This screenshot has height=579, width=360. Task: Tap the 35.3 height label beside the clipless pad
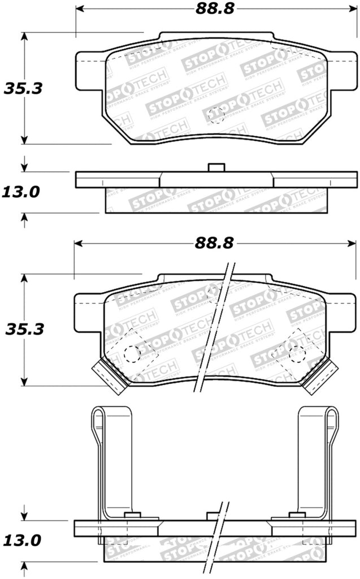click(x=24, y=88)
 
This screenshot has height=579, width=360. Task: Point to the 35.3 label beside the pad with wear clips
click(x=24, y=329)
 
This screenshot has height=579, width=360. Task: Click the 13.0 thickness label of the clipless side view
click(x=21, y=192)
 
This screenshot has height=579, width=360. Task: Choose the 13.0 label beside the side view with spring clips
click(x=21, y=541)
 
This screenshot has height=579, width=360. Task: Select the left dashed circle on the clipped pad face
click(x=132, y=353)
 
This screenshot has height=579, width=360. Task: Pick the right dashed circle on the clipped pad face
click(x=297, y=353)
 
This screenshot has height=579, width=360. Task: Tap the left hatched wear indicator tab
click(x=108, y=377)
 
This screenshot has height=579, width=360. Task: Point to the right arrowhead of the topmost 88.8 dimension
click(x=347, y=8)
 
